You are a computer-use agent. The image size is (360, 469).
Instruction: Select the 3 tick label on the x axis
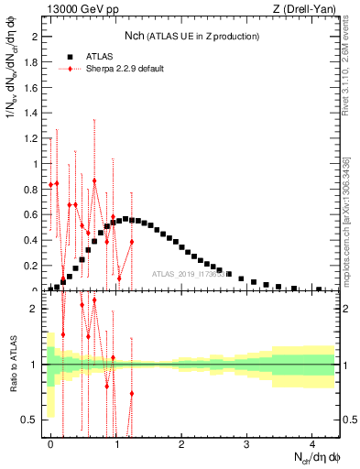tap(247, 444)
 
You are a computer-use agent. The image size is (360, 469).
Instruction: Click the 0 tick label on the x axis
tap(51, 444)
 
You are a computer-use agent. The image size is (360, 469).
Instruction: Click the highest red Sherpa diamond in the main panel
tap(94, 180)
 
